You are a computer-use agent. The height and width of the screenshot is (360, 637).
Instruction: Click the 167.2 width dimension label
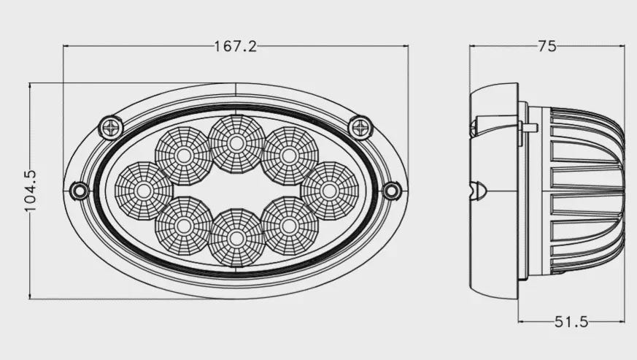pos(236,47)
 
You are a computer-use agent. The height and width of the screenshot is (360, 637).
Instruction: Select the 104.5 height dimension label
pos(31,191)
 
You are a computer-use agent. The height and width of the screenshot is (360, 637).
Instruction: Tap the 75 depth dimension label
pos(547,46)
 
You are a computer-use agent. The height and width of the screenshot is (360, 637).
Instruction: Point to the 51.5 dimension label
pos(571,322)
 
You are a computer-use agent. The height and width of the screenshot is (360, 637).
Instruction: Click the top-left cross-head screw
pos(111,128)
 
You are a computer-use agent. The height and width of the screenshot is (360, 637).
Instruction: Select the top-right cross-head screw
pos(360,128)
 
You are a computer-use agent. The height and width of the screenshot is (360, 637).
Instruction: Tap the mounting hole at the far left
pos(80,191)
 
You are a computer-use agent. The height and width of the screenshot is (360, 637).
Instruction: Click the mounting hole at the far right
pos(392,191)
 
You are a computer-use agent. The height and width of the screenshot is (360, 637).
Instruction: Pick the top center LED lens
pos(236,143)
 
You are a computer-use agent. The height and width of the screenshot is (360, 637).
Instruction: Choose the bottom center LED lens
pos(236,238)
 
